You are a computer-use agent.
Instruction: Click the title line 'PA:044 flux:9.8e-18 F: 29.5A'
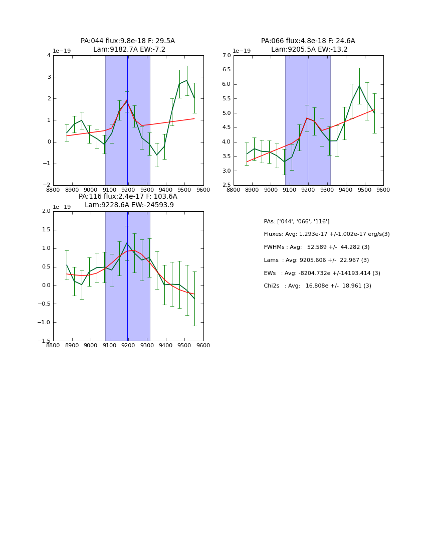(128, 41)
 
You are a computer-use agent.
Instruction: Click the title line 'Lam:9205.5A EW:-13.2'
(309, 50)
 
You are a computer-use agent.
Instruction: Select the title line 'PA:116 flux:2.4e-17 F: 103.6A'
(128, 197)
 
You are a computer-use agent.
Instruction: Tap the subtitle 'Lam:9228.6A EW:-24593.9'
(129, 205)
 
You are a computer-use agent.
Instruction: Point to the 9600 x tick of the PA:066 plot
(383, 190)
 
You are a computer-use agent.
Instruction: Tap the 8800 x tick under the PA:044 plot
(53, 190)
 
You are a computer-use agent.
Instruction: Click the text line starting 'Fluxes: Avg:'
(326, 234)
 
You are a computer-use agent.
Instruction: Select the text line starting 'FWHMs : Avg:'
(316, 247)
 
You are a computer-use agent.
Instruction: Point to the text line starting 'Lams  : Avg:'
(316, 260)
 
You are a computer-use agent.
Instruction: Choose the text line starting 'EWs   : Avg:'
(322, 273)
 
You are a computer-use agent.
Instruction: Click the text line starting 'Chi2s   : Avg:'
(317, 286)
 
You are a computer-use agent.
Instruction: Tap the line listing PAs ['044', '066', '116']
(296, 222)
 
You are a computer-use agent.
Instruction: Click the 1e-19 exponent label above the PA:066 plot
(242, 51)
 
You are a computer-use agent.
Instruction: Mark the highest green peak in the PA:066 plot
(359, 86)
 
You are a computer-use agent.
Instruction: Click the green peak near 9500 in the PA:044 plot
(187, 80)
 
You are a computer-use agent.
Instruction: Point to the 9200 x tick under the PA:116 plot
(128, 346)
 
